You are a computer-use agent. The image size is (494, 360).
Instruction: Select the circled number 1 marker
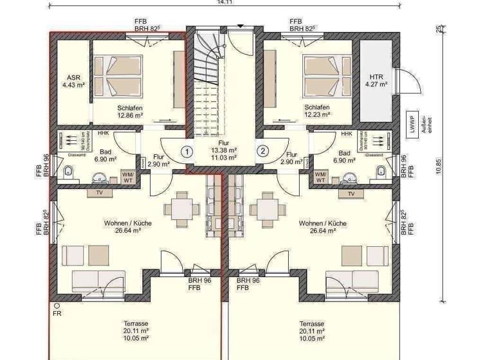click(x=186, y=152)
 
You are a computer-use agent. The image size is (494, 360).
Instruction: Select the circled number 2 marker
click(x=262, y=152)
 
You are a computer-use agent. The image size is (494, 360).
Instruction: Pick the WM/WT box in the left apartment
click(x=128, y=177)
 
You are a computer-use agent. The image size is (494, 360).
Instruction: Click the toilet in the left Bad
click(x=68, y=171)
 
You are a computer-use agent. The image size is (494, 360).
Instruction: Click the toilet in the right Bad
click(x=380, y=171)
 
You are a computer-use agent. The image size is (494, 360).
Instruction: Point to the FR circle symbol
click(x=57, y=306)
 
